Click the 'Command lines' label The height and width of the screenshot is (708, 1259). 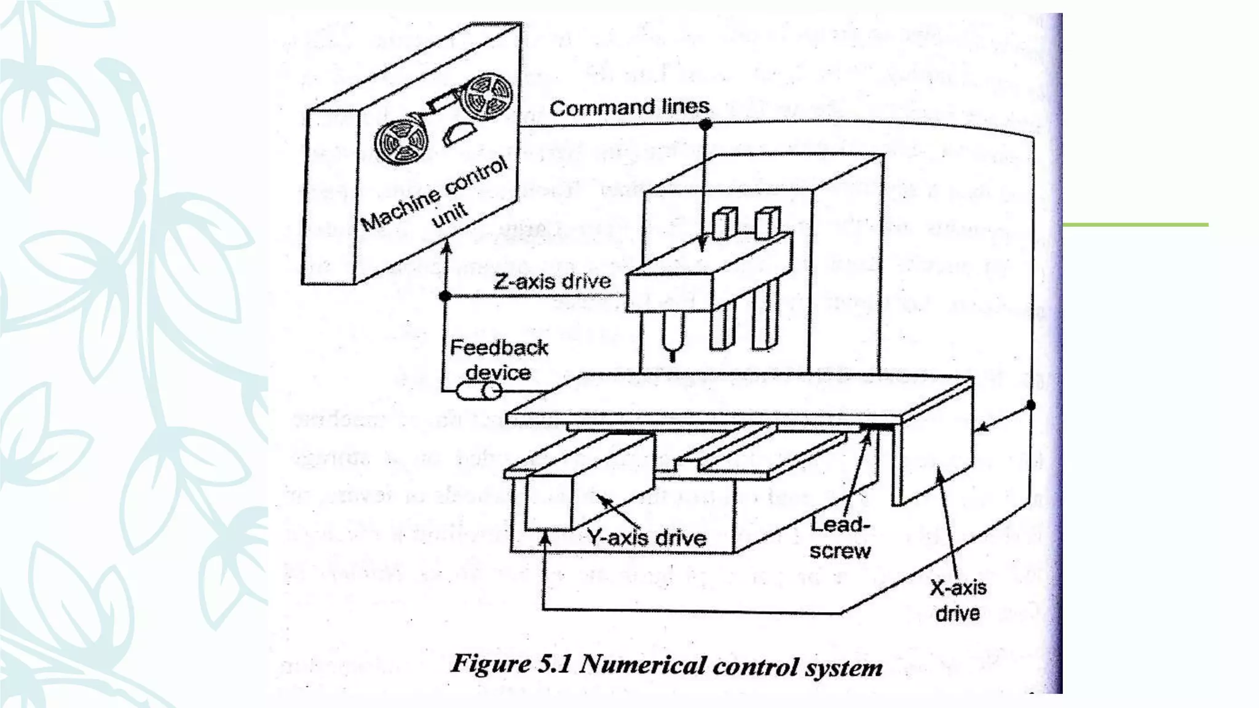pyautogui.click(x=629, y=108)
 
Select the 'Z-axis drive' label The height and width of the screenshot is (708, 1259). pyautogui.click(x=552, y=281)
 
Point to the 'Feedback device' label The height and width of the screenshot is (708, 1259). pyautogui.click(x=499, y=360)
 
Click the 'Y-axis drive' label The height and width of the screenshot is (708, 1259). pyautogui.click(x=645, y=538)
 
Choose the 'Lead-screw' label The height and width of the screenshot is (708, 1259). pyautogui.click(x=840, y=538)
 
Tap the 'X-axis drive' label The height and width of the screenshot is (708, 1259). pyautogui.click(x=958, y=600)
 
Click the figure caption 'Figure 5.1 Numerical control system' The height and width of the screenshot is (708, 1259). pyautogui.click(x=666, y=666)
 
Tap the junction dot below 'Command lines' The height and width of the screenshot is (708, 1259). pyautogui.click(x=705, y=125)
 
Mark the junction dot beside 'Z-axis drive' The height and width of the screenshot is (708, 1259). pyautogui.click(x=446, y=296)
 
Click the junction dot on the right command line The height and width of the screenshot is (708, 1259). pyautogui.click(x=1031, y=405)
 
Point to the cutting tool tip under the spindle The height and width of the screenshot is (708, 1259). pyautogui.click(x=673, y=355)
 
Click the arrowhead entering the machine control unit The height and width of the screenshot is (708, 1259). pyautogui.click(x=448, y=246)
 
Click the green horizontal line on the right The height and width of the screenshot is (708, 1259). pyautogui.click(x=1135, y=225)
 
